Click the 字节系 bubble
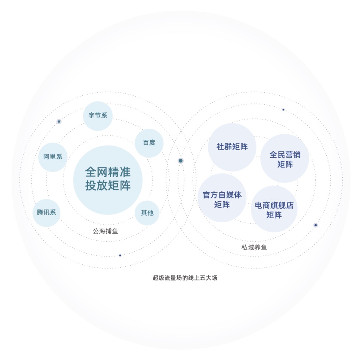98,116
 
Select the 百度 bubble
149,143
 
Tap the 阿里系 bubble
53,157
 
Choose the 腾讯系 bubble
47,213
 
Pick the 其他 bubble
147,213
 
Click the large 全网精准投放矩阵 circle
108,180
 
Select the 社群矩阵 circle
232,147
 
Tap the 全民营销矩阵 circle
284,158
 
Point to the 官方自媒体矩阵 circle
222,198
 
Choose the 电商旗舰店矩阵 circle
274,209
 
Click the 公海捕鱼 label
105,231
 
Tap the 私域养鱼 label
254,248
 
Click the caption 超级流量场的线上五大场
185,278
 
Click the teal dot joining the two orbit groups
181,161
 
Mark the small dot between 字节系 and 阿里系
59,121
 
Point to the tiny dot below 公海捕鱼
120,255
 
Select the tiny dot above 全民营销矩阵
283,110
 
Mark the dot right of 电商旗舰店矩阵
315,225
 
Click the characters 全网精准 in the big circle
108,172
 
